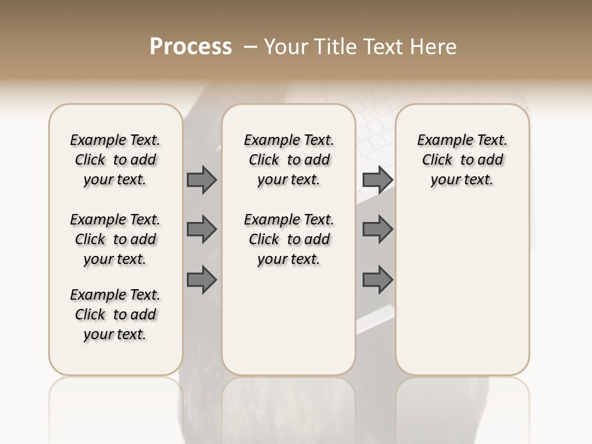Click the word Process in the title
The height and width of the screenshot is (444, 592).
tap(191, 47)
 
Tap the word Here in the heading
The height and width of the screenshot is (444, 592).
tap(434, 47)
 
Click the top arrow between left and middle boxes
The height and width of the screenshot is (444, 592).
tap(202, 180)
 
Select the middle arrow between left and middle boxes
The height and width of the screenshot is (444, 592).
tap(202, 229)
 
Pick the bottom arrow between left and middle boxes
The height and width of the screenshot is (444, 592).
tap(202, 280)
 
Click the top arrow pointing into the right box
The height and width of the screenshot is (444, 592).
tap(377, 180)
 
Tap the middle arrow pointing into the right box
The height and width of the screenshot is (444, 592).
tap(377, 229)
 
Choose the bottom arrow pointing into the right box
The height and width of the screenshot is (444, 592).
tap(377, 280)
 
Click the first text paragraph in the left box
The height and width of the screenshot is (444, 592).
tap(115, 160)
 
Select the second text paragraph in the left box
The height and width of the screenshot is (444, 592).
tap(115, 239)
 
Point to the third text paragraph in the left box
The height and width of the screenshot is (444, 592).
tap(115, 314)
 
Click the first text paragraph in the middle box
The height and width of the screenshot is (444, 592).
tap(289, 160)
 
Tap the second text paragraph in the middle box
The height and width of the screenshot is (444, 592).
tap(289, 239)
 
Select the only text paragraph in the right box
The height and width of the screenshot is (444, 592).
tap(462, 160)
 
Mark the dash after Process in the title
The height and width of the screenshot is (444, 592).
tap(250, 47)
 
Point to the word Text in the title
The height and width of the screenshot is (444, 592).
tap(385, 47)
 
